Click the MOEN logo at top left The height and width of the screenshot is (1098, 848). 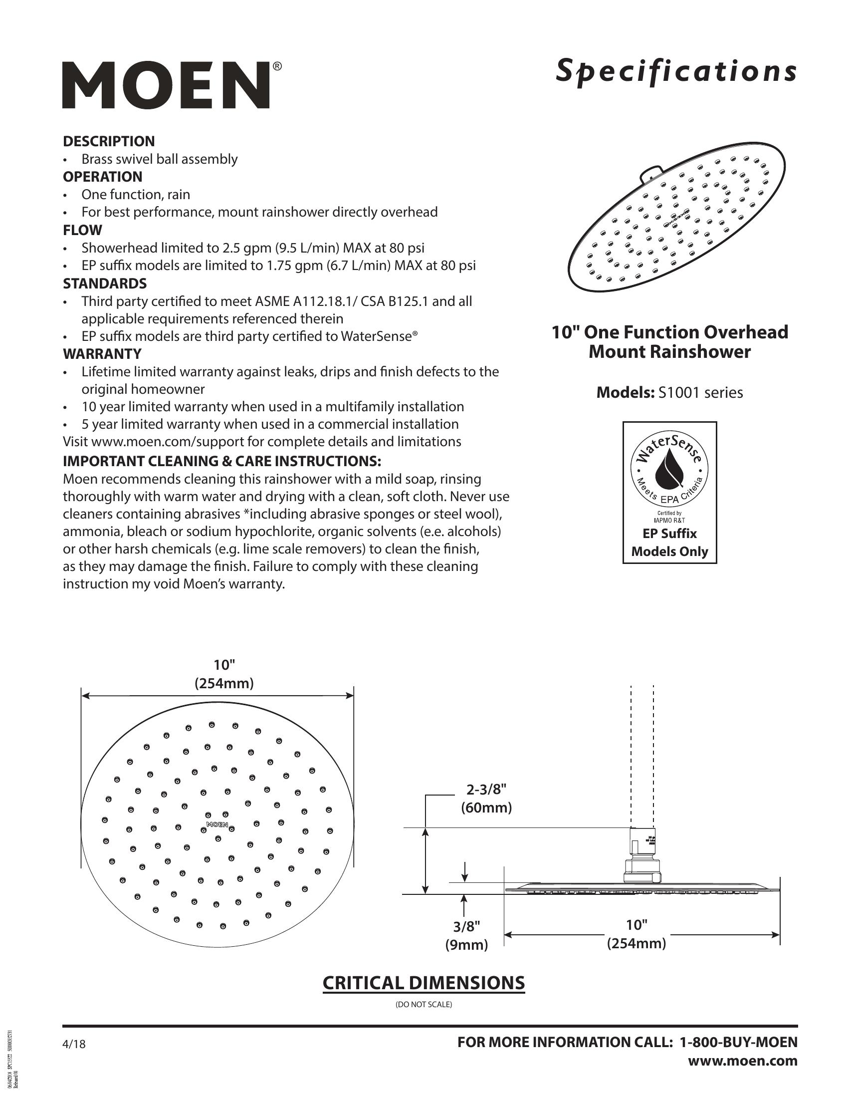[x=166, y=85]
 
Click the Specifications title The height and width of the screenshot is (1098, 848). [x=676, y=72]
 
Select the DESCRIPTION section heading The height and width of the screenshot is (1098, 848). [x=109, y=141]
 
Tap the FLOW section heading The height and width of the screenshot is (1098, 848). [x=82, y=230]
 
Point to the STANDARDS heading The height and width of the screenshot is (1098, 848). [x=104, y=283]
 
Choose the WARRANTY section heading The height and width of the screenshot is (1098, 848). [x=102, y=354]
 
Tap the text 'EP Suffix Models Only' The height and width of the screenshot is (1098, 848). [x=669, y=543]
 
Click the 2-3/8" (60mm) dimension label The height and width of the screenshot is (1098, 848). [x=486, y=798]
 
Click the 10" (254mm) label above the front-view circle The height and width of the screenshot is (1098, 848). [x=224, y=674]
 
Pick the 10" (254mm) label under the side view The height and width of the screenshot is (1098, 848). [x=636, y=934]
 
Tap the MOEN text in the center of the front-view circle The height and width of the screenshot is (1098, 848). [x=217, y=824]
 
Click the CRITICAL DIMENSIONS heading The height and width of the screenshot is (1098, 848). [x=424, y=982]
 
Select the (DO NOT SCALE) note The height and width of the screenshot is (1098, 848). [x=424, y=1005]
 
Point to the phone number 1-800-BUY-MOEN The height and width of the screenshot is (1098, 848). [x=738, y=1042]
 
